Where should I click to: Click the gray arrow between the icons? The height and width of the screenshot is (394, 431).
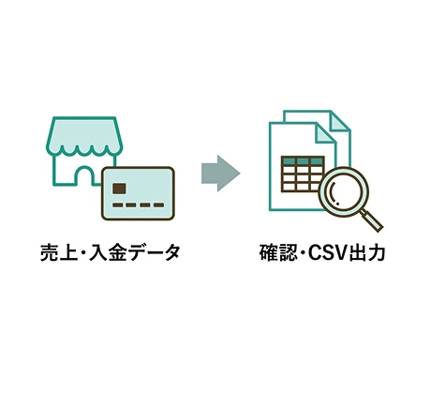tap(220, 173)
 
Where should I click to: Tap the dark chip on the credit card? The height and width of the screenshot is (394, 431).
tap(119, 189)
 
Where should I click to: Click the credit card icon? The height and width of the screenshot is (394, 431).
tap(138, 193)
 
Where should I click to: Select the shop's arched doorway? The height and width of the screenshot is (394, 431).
tap(84, 176)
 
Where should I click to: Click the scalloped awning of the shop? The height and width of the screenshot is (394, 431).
tap(84, 136)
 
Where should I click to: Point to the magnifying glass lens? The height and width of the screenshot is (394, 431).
tap(344, 192)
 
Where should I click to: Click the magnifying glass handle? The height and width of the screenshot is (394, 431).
tap(372, 221)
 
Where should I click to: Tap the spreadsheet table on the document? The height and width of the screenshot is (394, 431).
tap(303, 174)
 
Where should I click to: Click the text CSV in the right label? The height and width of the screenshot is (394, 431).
tap(328, 253)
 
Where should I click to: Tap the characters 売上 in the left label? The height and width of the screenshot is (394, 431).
tap(59, 252)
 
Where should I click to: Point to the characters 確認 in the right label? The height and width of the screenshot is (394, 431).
tap(278, 253)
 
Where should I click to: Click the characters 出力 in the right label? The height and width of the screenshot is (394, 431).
tap(366, 253)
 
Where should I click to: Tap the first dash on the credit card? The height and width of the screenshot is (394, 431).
tap(117, 205)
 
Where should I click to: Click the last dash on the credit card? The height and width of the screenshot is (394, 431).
tap(159, 205)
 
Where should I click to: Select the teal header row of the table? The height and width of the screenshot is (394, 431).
tap(303, 161)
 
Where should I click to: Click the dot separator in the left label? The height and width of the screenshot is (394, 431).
tap(83, 253)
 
